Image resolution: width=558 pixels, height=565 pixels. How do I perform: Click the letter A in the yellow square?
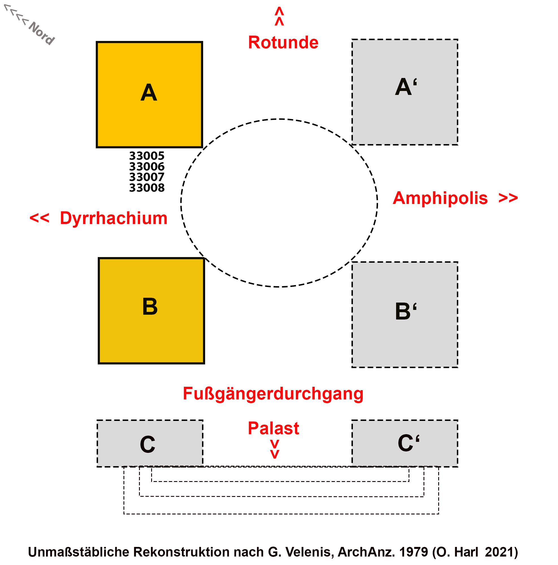click(x=149, y=93)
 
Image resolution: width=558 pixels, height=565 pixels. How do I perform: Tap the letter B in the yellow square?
click(x=150, y=307)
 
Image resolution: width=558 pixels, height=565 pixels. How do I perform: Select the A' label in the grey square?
click(x=406, y=87)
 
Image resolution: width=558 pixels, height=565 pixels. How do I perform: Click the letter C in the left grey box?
click(x=147, y=444)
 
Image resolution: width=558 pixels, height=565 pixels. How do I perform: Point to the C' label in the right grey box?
click(x=408, y=443)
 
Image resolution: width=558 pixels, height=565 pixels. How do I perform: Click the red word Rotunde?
click(x=283, y=42)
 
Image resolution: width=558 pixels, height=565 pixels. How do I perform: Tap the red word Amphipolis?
click(x=440, y=198)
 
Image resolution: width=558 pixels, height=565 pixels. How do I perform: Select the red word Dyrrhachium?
click(x=114, y=218)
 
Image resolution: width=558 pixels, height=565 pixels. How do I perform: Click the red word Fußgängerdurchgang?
click(x=273, y=394)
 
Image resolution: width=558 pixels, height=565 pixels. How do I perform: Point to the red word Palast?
click(x=273, y=429)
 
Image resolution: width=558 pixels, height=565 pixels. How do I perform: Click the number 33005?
click(x=147, y=156)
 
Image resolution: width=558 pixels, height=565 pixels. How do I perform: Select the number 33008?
click(x=147, y=188)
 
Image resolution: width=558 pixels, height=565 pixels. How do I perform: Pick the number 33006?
click(x=147, y=167)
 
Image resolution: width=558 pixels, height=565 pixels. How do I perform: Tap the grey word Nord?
click(x=41, y=33)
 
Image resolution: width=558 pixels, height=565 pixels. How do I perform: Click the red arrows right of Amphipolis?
click(x=508, y=198)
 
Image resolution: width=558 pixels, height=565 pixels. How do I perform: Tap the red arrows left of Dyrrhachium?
click(x=40, y=218)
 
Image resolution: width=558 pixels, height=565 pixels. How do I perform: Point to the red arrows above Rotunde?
click(x=279, y=16)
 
